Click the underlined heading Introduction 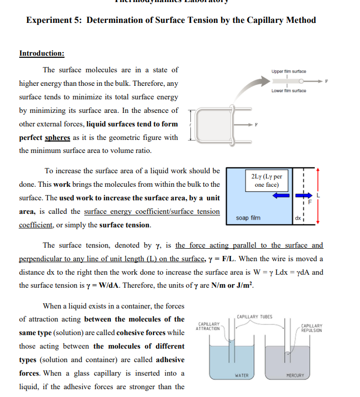click(42, 53)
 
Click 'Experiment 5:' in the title click(54, 20)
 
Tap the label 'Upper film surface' click(288, 71)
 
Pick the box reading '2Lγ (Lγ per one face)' click(266, 181)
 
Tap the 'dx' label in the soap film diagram click(298, 218)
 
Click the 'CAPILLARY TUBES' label click(254, 316)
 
